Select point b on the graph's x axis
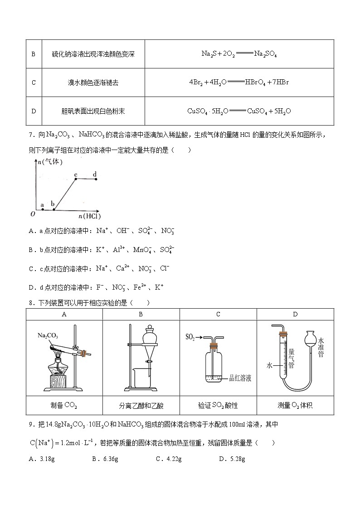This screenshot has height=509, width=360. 53,209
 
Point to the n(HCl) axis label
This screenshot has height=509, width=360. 89,216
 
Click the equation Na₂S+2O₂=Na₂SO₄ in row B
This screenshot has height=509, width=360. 239,53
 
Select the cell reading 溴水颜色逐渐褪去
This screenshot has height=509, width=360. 93,82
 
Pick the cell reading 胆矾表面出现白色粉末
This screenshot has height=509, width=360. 93,111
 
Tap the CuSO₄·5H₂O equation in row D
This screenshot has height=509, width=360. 239,111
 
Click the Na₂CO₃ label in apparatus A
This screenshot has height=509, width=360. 47,336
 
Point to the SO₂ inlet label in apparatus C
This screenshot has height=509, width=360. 190,337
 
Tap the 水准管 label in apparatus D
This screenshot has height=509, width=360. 321,347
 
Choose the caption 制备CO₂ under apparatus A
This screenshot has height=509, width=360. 64,405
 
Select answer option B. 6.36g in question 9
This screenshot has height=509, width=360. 105,459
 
